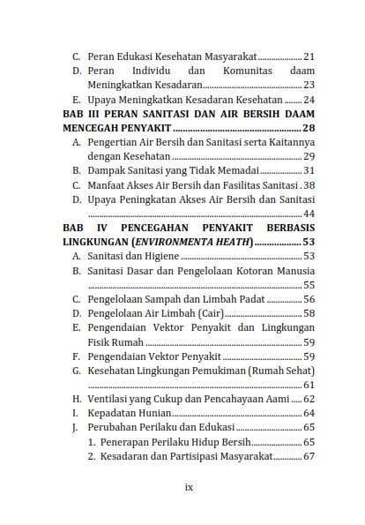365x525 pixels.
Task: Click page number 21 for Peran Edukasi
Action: [x=309, y=56]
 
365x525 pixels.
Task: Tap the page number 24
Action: [x=309, y=100]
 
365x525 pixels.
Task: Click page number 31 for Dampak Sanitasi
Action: [x=309, y=170]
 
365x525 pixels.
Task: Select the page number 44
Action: [x=309, y=214]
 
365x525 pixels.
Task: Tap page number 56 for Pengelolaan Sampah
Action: [x=309, y=299]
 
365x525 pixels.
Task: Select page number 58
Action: [x=309, y=313]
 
